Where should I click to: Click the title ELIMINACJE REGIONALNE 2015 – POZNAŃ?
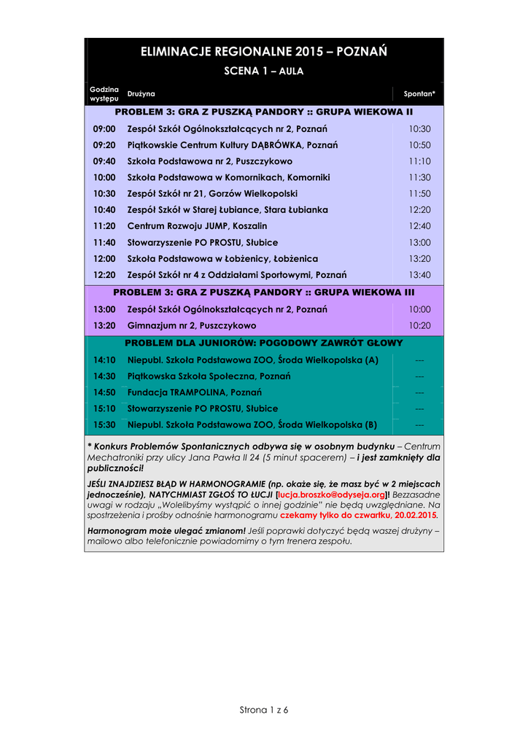(x=263, y=52)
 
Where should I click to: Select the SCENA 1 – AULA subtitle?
(x=263, y=71)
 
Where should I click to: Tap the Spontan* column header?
(x=419, y=94)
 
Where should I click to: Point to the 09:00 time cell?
(x=104, y=129)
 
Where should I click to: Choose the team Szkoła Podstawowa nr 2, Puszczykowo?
(x=209, y=161)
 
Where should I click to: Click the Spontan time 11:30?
(x=419, y=177)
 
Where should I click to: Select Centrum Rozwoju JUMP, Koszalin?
(x=197, y=226)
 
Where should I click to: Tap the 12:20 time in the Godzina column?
(x=104, y=274)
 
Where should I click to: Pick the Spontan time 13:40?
(x=419, y=274)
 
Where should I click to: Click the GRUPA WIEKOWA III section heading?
(x=263, y=292)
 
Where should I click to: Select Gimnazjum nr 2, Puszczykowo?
(x=192, y=325)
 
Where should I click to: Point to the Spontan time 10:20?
(x=419, y=325)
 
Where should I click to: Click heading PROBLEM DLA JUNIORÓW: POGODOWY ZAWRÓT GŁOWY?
(x=263, y=343)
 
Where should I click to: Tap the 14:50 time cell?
(x=104, y=392)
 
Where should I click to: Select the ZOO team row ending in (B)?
(x=252, y=425)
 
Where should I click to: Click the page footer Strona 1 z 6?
(x=264, y=710)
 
